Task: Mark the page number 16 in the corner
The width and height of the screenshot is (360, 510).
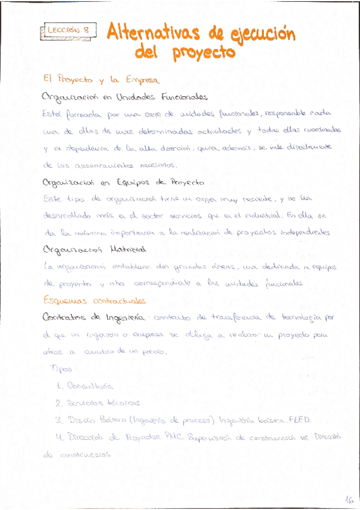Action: (x=348, y=499)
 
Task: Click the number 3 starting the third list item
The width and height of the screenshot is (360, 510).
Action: (x=58, y=420)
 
